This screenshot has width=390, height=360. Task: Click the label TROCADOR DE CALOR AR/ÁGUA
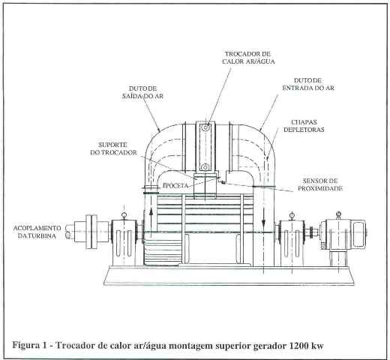[248, 58]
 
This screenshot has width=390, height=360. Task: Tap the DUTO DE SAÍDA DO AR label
[142, 92]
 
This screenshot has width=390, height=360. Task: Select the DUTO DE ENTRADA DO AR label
[308, 84]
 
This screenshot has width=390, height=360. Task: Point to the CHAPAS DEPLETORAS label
[304, 126]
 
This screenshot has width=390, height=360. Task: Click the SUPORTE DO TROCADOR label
[113, 148]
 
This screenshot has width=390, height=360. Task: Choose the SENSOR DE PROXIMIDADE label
[320, 184]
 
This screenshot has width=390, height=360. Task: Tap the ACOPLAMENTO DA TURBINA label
[37, 232]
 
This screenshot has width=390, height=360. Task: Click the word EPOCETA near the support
[175, 185]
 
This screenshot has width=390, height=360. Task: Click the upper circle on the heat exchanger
[205, 128]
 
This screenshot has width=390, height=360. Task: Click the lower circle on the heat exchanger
[205, 166]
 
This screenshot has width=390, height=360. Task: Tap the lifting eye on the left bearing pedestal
[124, 215]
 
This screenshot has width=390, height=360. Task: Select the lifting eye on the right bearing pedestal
[292, 215]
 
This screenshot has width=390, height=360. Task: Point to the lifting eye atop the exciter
[338, 214]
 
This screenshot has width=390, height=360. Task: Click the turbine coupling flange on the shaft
[91, 232]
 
